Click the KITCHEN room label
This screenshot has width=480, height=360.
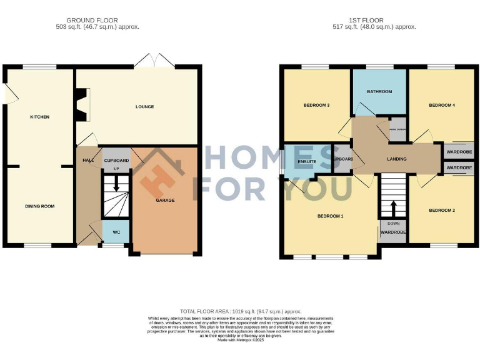[39, 117]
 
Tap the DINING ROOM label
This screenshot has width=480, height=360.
[39, 206]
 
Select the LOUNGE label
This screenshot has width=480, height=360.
[144, 107]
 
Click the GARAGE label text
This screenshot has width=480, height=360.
[165, 200]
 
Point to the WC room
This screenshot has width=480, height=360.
[116, 232]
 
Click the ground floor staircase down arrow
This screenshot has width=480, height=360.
[116, 186]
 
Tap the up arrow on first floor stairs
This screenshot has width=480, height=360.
[393, 207]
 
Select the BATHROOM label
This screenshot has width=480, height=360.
[379, 92]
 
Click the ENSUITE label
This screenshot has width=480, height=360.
[307, 162]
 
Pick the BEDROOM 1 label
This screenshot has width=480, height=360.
[330, 216]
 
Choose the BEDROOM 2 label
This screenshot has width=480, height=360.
[441, 211]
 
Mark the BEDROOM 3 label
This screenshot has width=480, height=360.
[316, 105]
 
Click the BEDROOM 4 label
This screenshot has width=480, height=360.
[441, 105]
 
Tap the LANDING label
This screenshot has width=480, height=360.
[396, 159]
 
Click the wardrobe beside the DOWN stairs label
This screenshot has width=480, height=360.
[393, 232]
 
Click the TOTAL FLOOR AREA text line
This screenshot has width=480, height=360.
[241, 311]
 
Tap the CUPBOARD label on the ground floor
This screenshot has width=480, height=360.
[116, 159]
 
